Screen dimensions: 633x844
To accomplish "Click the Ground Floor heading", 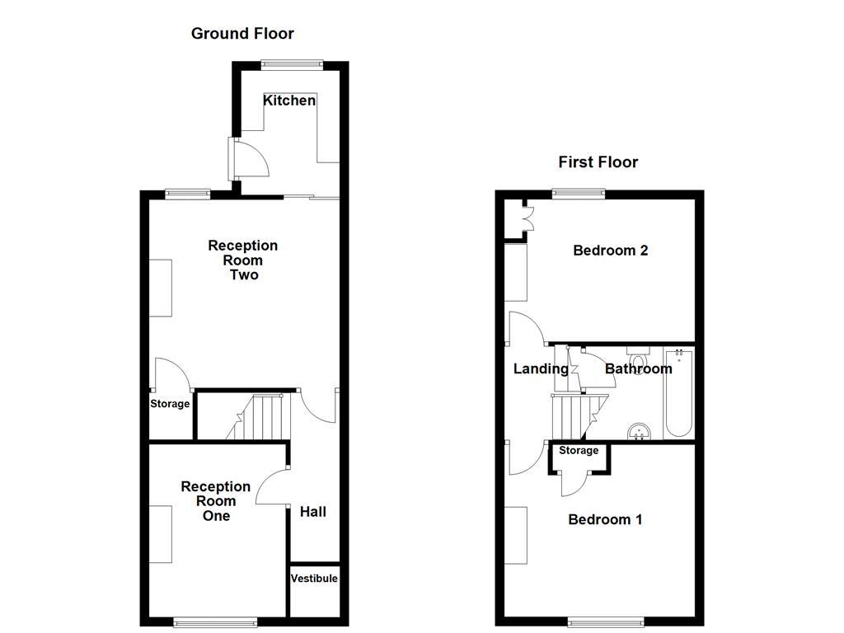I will pyautogui.click(x=242, y=34).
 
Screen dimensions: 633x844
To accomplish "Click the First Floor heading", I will pyautogui.click(x=598, y=162).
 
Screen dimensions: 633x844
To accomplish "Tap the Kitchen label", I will pyautogui.click(x=289, y=101).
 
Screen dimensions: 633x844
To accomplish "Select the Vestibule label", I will pyautogui.click(x=314, y=579).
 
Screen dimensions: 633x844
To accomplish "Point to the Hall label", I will pyautogui.click(x=313, y=512).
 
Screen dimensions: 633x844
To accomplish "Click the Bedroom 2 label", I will pyautogui.click(x=610, y=251).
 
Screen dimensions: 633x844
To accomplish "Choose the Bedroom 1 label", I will pyautogui.click(x=605, y=519).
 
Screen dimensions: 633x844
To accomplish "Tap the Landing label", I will pyautogui.click(x=541, y=369).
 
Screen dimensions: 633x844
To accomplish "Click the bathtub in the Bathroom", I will pyautogui.click(x=680, y=392).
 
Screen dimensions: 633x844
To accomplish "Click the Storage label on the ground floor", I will pyautogui.click(x=170, y=404).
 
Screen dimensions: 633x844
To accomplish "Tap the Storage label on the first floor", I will pyautogui.click(x=579, y=451).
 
